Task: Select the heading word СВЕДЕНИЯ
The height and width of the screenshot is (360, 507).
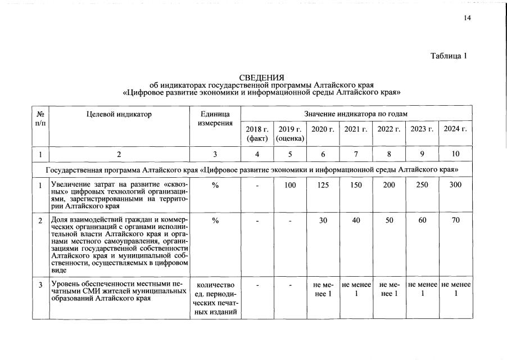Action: coord(261,77)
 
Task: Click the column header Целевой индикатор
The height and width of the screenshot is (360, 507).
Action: coord(119,114)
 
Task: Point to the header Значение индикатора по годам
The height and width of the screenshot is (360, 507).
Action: coord(356,114)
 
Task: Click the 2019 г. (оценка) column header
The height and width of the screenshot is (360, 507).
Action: coord(290,134)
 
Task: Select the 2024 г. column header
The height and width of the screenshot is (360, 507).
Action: coord(455,129)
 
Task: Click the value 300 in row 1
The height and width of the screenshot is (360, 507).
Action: coord(455,185)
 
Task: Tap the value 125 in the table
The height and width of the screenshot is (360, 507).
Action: coord(323,185)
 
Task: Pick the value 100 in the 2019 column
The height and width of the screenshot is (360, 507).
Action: coord(290,185)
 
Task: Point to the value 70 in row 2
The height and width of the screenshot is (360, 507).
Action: coord(455,220)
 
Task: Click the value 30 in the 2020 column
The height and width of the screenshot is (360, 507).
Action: coord(323,220)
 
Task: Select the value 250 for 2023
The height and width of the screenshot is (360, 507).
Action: coord(422,185)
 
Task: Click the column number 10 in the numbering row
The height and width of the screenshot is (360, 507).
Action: coord(455,154)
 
